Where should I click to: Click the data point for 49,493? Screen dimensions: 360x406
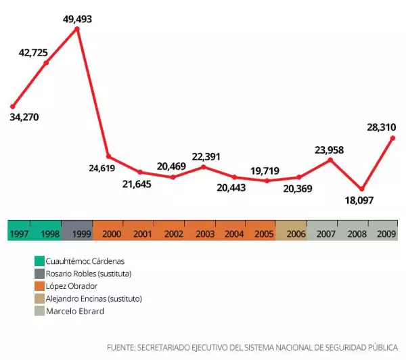(77, 28)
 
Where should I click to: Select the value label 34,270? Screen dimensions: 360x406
(24, 117)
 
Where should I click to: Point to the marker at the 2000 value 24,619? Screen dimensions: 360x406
(108, 157)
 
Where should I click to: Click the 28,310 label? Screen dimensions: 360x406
(381, 127)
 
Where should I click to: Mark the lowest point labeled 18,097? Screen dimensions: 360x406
(362, 189)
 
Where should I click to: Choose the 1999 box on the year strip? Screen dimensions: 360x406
(76, 233)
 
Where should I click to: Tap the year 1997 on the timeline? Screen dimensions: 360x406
(19, 233)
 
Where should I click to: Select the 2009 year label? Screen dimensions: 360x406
(386, 233)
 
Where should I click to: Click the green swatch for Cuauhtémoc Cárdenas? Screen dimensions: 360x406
(39, 261)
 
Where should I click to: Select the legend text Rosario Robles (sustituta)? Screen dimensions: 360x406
(88, 273)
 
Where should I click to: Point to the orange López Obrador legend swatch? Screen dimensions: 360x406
(39, 286)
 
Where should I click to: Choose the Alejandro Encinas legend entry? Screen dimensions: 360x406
(93, 298)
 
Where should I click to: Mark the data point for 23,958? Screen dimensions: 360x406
(330, 160)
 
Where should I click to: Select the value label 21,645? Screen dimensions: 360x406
(137, 183)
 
